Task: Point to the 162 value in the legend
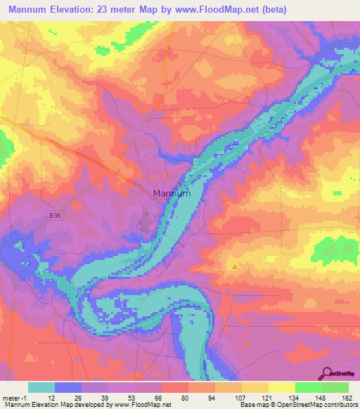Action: (x=347, y=398)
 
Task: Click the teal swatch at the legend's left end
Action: (x=41, y=387)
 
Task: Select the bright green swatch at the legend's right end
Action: (x=335, y=387)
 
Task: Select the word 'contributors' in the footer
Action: (x=339, y=405)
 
